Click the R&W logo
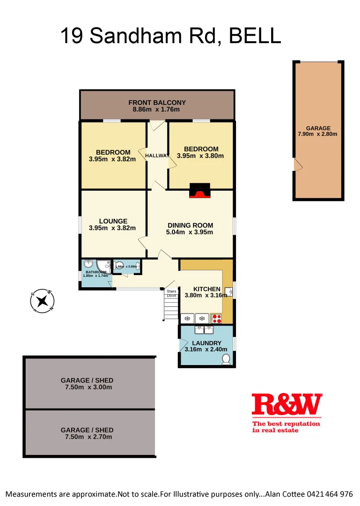[287, 406]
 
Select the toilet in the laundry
[226, 359]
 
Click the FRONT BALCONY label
[157, 103]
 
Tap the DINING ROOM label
[190, 225]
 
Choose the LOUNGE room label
[113, 221]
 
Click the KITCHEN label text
[206, 289]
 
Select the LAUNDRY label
[206, 343]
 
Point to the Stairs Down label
[171, 293]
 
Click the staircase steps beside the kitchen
[171, 309]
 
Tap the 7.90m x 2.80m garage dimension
[318, 134]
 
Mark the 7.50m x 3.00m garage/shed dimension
[89, 387]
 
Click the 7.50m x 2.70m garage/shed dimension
[89, 437]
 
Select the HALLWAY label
[156, 156]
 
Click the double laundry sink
[204, 330]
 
